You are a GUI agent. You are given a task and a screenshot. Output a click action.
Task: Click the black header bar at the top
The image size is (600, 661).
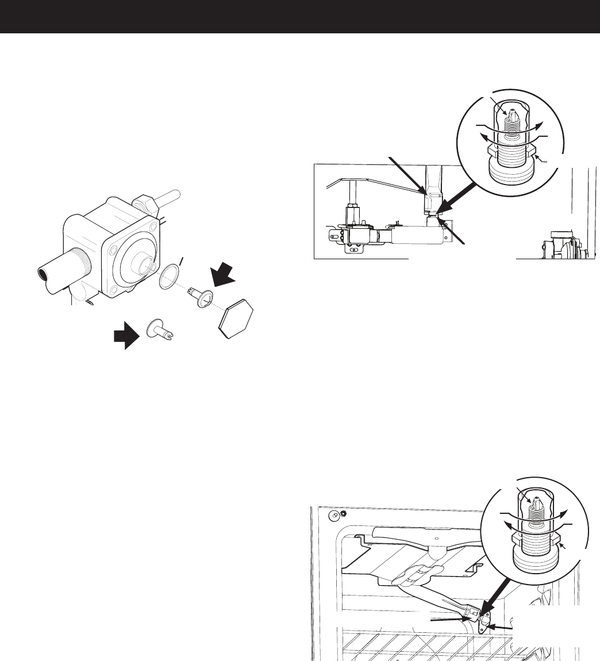click(x=300, y=16)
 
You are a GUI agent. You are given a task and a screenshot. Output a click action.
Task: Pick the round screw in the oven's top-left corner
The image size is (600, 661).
click(x=343, y=513)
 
